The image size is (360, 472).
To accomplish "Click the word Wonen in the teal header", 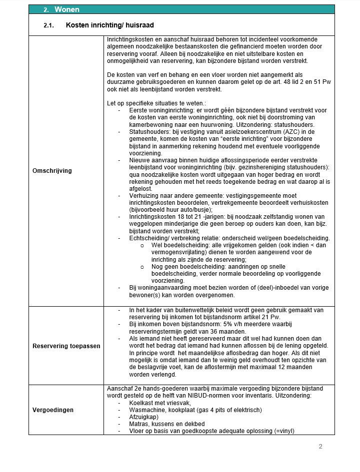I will click(x=66, y=9).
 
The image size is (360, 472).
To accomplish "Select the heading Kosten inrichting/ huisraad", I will click(x=113, y=24).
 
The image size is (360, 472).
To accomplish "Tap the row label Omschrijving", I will click(x=51, y=171).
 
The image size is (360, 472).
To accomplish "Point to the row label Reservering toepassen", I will click(x=66, y=346).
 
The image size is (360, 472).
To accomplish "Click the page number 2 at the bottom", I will click(x=320, y=447).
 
